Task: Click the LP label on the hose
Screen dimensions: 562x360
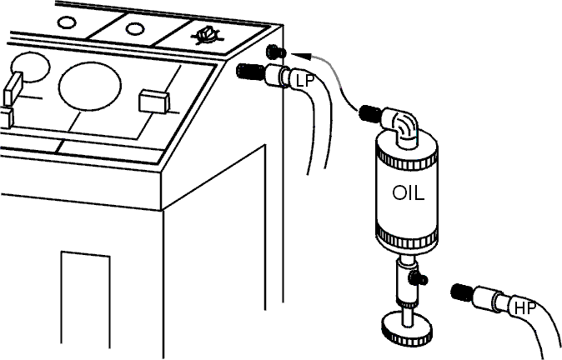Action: (x=304, y=82)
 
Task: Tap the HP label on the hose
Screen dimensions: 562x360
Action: (x=525, y=308)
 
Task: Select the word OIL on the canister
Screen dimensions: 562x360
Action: (x=409, y=193)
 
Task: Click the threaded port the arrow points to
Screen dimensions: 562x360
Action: (x=276, y=52)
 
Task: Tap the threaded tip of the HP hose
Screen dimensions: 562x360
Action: (x=463, y=292)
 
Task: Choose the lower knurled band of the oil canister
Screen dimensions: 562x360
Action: (x=407, y=237)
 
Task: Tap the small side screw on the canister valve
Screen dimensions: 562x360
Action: (x=419, y=278)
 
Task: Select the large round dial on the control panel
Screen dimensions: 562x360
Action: (x=90, y=87)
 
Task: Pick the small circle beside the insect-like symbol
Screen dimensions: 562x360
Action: (x=134, y=29)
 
